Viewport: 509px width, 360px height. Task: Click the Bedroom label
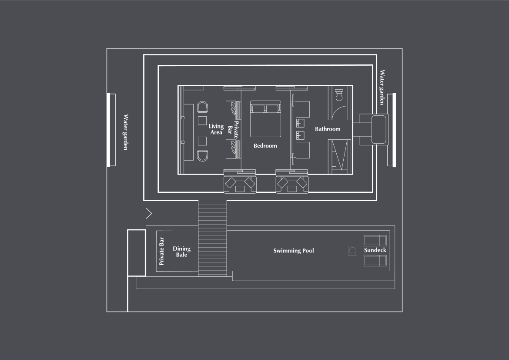coord(265,146)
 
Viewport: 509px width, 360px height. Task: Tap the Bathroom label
coord(328,129)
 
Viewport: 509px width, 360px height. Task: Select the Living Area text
coord(216,129)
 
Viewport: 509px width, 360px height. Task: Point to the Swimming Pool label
coord(294,250)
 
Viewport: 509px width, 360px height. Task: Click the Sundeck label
coord(375,250)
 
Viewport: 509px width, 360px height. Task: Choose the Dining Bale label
coord(181,252)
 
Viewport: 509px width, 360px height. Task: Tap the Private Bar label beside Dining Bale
coord(161,252)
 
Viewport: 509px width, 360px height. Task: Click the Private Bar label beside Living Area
coord(233,130)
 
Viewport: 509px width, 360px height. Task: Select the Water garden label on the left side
coord(126,132)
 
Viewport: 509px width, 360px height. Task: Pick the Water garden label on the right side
coord(382,87)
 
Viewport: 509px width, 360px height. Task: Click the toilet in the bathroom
coord(339,94)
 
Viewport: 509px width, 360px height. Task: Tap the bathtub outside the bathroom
coord(379,129)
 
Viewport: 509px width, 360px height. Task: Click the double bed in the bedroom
coord(265,119)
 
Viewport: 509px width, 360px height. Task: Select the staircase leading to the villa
coord(212,238)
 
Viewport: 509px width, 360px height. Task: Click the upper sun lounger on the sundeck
coord(375,241)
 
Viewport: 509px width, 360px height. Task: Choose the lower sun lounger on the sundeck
coord(375,261)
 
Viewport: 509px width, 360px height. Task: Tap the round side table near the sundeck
coord(352,250)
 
